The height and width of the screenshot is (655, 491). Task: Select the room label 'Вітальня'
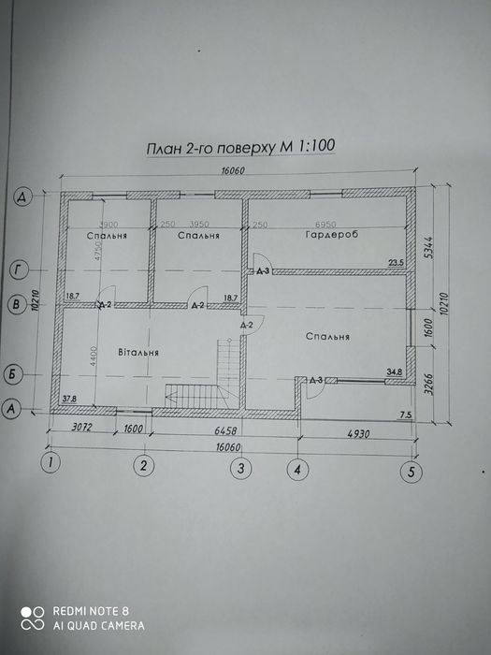coord(137,353)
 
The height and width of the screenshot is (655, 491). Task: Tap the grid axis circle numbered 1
coord(52,460)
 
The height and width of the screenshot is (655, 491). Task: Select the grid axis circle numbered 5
coord(409,472)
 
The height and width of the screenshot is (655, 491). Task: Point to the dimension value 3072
coord(86,429)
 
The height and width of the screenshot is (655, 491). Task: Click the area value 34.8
coord(396,372)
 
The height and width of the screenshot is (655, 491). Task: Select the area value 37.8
coord(69,400)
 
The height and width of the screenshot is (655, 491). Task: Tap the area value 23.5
coord(396,263)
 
